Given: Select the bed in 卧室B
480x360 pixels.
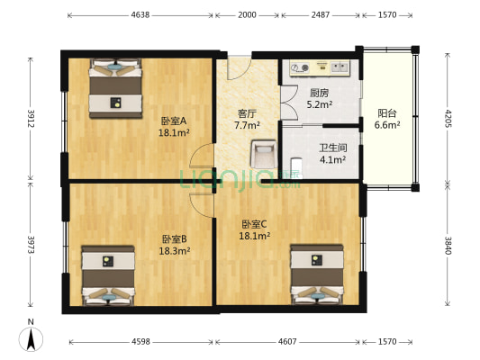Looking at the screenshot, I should pos(107,275).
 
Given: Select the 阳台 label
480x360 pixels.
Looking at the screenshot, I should pos(387,113).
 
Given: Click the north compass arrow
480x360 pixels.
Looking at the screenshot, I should pos(30,340).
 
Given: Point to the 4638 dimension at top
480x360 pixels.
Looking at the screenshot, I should pos(140,15).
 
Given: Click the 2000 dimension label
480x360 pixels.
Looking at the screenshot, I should pos(247,15).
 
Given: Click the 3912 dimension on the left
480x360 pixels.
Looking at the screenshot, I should pos(30,119).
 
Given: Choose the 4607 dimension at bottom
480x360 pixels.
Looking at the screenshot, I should pos(286,342).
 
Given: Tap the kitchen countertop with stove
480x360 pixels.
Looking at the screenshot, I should pos(318,67).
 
